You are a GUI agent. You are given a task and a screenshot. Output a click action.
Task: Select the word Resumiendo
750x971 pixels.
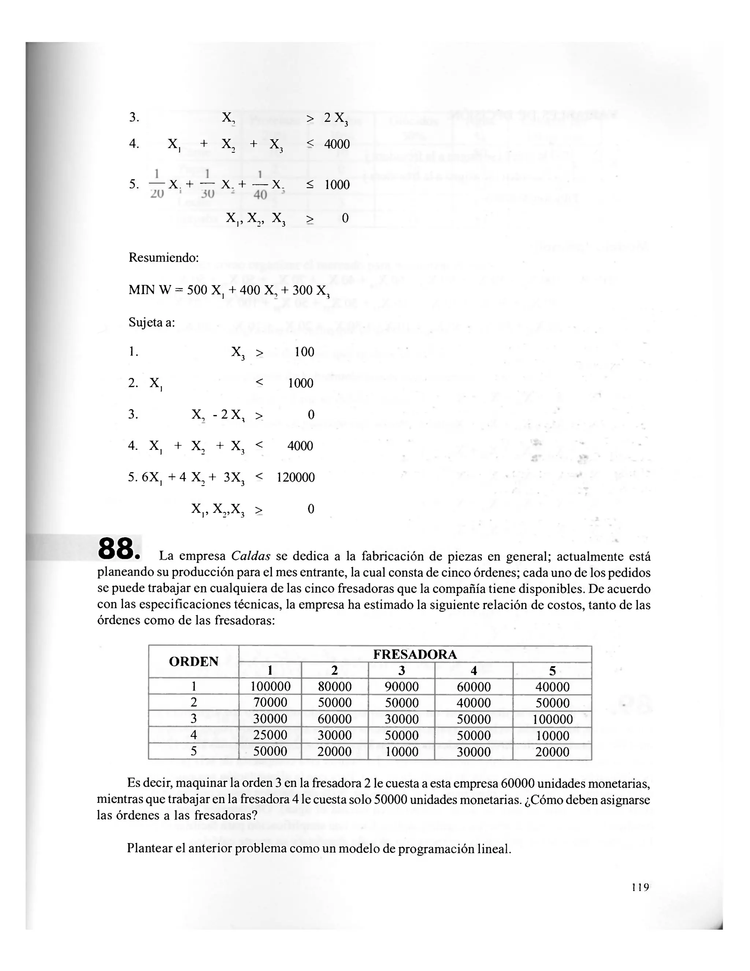point(163,258)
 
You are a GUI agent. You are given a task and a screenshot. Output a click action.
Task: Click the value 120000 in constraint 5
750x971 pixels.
point(296,477)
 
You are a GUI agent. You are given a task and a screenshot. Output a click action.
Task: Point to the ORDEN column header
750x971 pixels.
point(194,661)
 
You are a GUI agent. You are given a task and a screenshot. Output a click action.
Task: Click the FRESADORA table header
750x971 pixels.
point(415,654)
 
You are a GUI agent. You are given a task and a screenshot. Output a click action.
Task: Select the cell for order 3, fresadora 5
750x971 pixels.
point(552,719)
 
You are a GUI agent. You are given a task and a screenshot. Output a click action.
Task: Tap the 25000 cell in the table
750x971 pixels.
point(270,735)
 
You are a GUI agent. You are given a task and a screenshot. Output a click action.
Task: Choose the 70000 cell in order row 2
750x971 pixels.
point(270,702)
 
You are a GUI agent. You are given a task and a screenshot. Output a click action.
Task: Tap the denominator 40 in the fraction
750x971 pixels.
point(260,195)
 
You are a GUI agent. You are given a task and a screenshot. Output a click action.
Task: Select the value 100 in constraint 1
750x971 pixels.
point(304,352)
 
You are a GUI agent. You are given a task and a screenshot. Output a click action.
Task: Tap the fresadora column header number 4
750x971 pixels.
point(473,671)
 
